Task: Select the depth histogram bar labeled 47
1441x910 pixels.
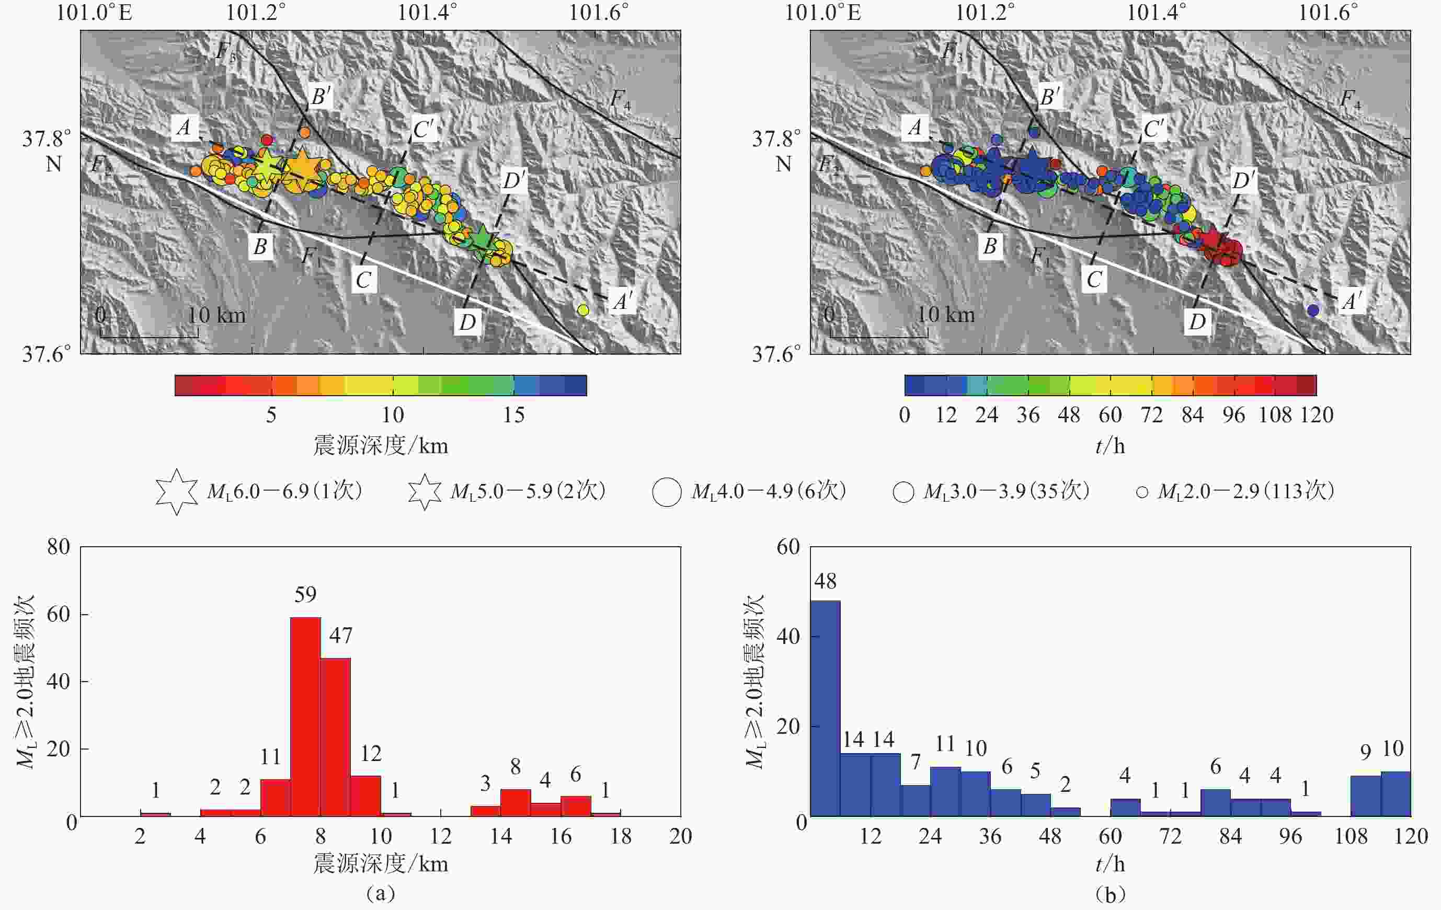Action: [336, 736]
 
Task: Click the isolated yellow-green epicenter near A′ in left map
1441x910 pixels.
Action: [584, 310]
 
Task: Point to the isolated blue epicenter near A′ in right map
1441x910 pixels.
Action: [1313, 310]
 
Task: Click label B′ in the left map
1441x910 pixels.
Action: [321, 96]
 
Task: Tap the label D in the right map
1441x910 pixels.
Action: [1197, 322]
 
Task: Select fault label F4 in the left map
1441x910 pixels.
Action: [620, 99]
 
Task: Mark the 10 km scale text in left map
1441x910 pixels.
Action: [216, 315]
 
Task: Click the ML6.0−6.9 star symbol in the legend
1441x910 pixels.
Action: [177, 492]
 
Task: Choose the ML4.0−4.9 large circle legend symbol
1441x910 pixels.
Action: [667, 492]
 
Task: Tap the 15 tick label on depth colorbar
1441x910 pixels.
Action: [513, 415]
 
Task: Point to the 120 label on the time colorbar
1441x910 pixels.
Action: [1317, 415]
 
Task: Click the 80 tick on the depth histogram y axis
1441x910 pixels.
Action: [59, 547]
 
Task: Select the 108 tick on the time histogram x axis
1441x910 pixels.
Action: [1351, 836]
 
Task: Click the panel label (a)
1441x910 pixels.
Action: [381, 893]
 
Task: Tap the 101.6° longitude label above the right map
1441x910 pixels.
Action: [1328, 12]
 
